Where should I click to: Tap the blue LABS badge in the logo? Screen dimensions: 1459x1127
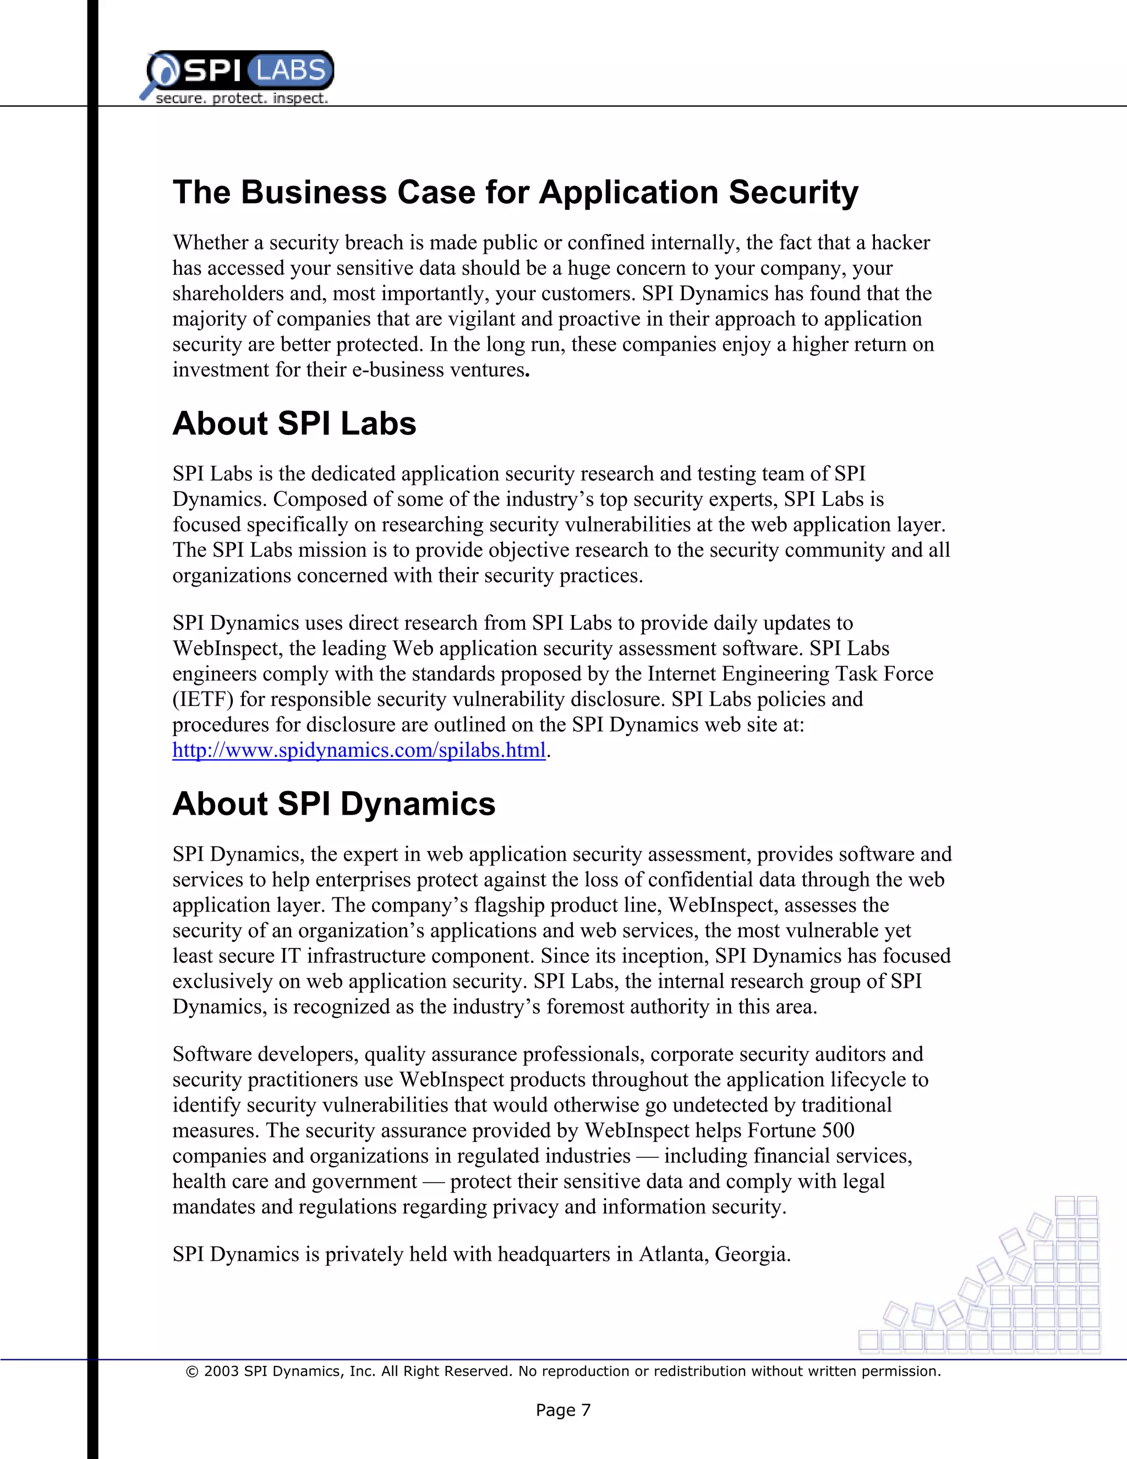tap(290, 70)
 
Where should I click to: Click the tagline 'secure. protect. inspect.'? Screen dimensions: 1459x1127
tap(241, 98)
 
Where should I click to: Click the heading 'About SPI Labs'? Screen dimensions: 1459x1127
tap(294, 423)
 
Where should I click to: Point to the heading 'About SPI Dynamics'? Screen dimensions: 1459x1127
tap(334, 804)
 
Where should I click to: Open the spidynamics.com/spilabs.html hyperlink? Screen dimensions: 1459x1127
tap(359, 750)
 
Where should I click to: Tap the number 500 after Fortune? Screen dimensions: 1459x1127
tap(838, 1130)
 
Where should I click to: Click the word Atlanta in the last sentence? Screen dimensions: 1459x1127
tap(674, 1255)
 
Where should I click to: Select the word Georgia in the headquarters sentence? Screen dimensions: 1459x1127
tap(752, 1255)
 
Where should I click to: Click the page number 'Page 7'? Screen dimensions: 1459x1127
tap(563, 1410)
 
